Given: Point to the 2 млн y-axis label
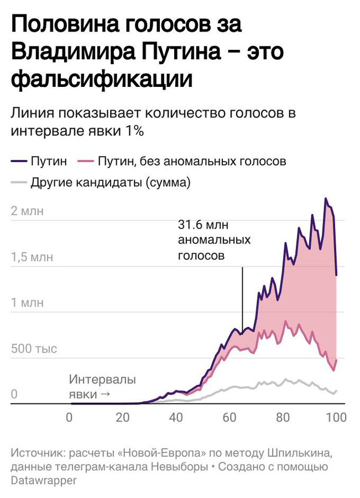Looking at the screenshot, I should [34, 211].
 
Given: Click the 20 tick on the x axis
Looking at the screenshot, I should [123, 417].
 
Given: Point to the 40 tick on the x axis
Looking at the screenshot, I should [176, 417].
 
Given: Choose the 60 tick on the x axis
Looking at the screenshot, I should [230, 417].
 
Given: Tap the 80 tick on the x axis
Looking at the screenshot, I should [284, 417].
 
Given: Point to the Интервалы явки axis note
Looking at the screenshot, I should [102, 387].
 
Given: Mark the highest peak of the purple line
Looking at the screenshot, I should [326, 198].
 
